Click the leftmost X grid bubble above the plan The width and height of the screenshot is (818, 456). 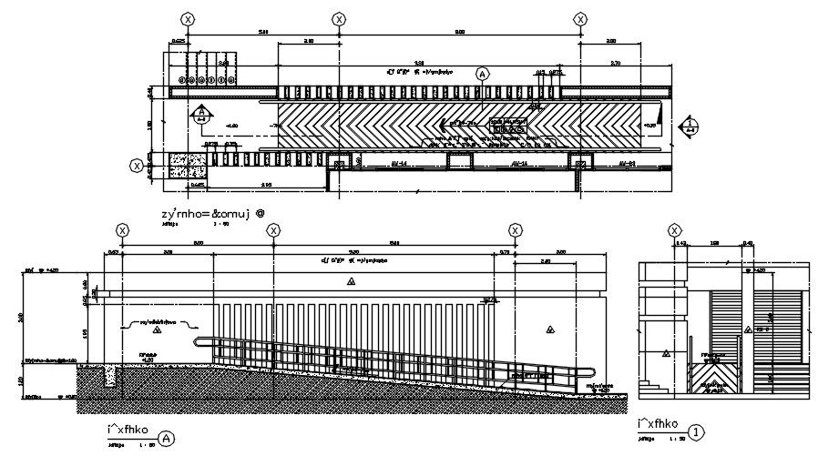[x=188, y=19]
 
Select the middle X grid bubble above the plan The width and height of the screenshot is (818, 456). [x=339, y=19]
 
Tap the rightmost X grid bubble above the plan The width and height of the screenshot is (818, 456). [x=581, y=19]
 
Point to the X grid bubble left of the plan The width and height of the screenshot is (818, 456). [x=137, y=166]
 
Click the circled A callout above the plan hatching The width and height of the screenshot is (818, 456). [x=482, y=75]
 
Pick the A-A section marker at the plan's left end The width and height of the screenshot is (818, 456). [x=201, y=115]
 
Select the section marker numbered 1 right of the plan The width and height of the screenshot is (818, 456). [x=690, y=126]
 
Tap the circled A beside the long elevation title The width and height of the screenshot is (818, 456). [x=166, y=438]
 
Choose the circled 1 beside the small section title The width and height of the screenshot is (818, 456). [x=696, y=432]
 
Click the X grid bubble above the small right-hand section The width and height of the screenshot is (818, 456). [x=675, y=230]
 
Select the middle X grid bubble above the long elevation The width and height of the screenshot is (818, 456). [x=273, y=231]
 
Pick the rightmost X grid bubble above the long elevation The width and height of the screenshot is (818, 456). [x=515, y=231]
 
